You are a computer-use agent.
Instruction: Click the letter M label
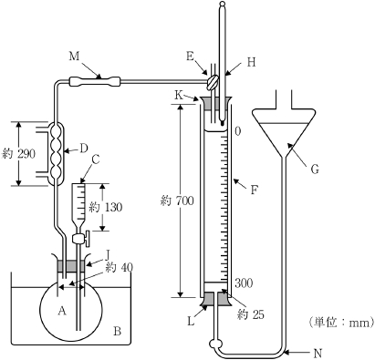(74, 57)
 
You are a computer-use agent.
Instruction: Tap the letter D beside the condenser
(84, 149)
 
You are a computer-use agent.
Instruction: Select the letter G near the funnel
(315, 170)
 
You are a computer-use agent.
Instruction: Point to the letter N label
(318, 354)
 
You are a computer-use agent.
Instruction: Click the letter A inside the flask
(62, 311)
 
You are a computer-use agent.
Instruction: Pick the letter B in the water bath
(117, 331)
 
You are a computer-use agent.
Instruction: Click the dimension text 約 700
(177, 201)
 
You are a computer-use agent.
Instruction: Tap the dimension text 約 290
(18, 154)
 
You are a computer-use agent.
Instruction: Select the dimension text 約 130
(106, 207)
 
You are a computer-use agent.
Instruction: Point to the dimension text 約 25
(251, 314)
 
